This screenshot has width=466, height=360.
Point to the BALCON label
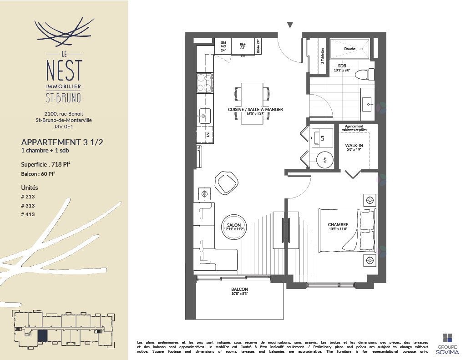tap(239, 289)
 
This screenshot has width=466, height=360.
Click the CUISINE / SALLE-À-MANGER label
tap(255, 110)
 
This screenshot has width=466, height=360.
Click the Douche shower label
tap(349, 49)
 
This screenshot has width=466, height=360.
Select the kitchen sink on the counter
tap(205, 116)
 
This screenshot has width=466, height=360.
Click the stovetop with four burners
tap(204, 83)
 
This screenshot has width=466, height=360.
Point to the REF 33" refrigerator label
tap(243, 46)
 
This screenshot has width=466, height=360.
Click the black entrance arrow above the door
tap(290, 25)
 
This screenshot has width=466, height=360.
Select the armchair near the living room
tap(226, 183)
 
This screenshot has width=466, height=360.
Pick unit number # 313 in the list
tap(28, 205)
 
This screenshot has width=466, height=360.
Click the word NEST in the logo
tap(64, 71)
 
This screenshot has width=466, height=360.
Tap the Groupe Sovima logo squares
tap(448, 338)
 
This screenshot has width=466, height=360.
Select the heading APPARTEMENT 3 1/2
tap(62, 142)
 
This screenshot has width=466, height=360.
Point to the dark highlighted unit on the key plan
tap(42, 336)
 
